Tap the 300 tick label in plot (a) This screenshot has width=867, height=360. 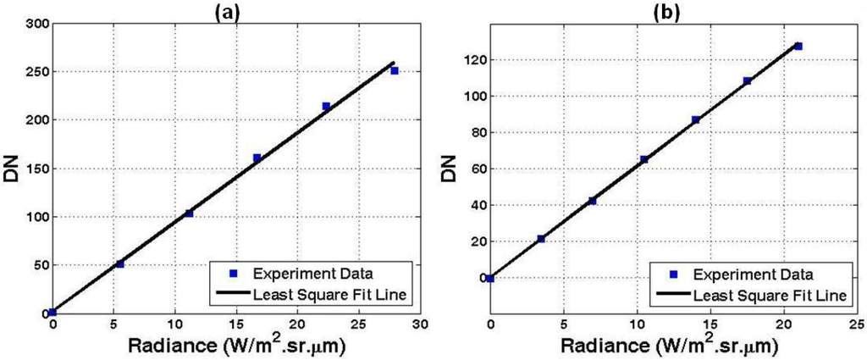[35, 23]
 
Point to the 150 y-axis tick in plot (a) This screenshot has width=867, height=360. [35, 169]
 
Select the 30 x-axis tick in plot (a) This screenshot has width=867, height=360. [420, 324]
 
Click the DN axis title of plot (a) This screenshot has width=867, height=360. [12, 169]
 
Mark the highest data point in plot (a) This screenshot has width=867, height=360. [395, 70]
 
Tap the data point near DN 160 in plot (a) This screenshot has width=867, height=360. [257, 158]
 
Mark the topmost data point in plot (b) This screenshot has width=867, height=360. [798, 46]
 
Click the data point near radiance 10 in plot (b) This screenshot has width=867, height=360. [643, 159]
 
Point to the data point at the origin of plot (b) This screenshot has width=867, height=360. [490, 278]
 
